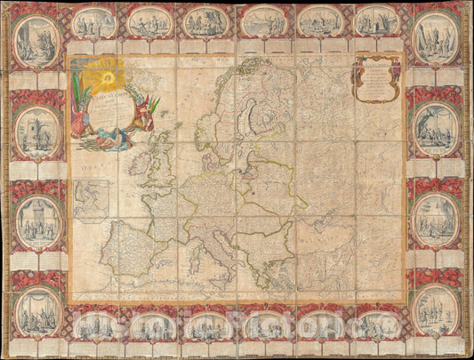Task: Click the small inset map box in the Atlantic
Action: [x=91, y=198]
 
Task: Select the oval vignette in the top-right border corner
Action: [x=437, y=40]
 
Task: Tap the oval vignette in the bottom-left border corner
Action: [x=36, y=311]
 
